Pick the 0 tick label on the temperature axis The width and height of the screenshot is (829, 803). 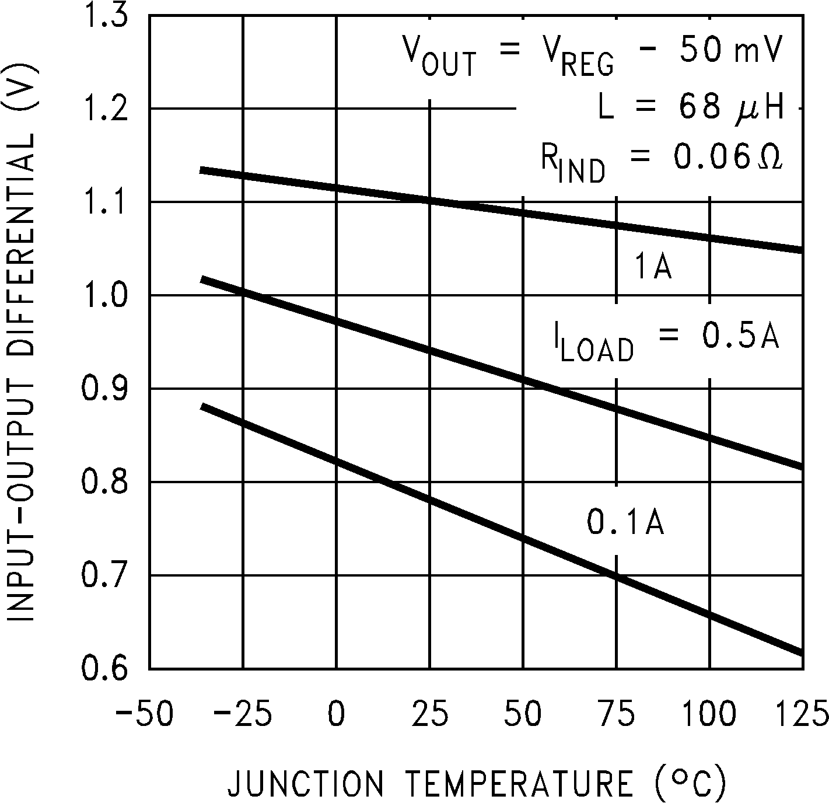[x=336, y=714]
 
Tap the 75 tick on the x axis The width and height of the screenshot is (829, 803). [x=616, y=714]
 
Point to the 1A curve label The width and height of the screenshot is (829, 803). [x=653, y=268]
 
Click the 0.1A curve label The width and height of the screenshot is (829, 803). [x=625, y=522]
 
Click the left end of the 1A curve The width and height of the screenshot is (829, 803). [x=202, y=170]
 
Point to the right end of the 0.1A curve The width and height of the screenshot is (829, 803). [x=801, y=652]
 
